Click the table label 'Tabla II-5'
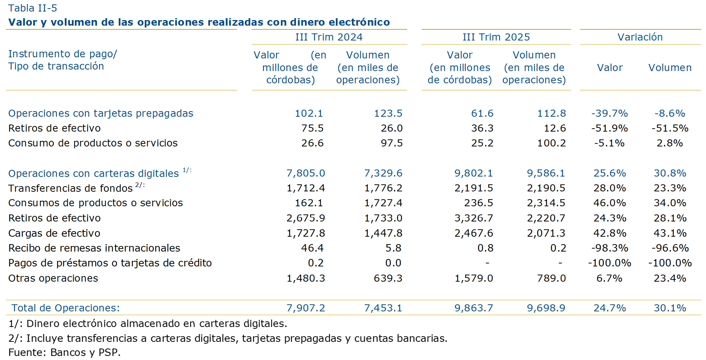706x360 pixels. pyautogui.click(x=33, y=8)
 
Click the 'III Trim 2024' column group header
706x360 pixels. pyautogui.click(x=329, y=37)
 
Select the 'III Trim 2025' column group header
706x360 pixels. pyautogui.click(x=496, y=37)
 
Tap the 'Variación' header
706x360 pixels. pyautogui.click(x=640, y=37)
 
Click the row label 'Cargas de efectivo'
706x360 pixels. pyautogui.click(x=54, y=233)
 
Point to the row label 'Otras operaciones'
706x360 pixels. pyautogui.click(x=53, y=278)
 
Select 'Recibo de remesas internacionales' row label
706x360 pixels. pyautogui.click(x=94, y=248)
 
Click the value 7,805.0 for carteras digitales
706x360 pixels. pyautogui.click(x=306, y=173)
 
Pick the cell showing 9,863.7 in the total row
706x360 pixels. pyautogui.click(x=473, y=308)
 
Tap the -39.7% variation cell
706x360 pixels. pyautogui.click(x=609, y=113)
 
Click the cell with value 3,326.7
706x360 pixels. pyautogui.click(x=473, y=218)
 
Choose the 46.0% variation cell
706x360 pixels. pyautogui.click(x=609, y=203)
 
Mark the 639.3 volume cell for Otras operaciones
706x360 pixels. pyautogui.click(x=388, y=278)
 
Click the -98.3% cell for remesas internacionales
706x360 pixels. pyautogui.click(x=609, y=248)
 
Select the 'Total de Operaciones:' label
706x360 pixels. pyautogui.click(x=65, y=308)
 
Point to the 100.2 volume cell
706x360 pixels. pyautogui.click(x=551, y=143)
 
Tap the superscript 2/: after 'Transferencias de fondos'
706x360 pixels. pyautogui.click(x=140, y=185)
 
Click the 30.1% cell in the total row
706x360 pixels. pyautogui.click(x=670, y=308)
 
